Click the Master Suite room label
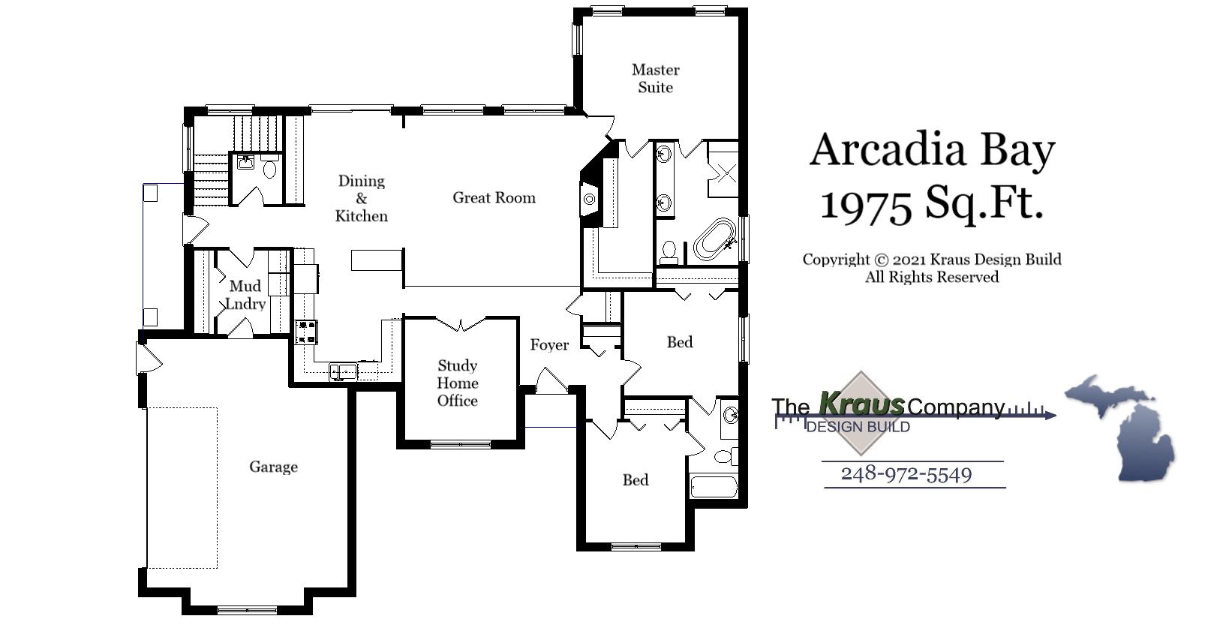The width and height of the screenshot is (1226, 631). [655, 79]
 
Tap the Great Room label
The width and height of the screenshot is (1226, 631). [494, 198]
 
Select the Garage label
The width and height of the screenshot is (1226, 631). [273, 467]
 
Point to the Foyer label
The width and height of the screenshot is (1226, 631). [549, 345]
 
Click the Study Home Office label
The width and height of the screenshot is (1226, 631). [457, 383]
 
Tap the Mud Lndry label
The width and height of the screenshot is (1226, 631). [245, 295]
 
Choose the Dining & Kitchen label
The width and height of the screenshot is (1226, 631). [361, 198]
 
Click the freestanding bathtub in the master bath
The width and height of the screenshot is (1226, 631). [714, 239]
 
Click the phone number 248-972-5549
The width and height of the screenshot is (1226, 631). [906, 474]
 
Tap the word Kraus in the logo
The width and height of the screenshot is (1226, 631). [861, 404]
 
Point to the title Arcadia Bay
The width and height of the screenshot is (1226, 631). [932, 149]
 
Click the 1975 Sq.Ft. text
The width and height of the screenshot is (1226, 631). [931, 203]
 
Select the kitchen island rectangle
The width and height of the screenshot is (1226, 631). [377, 260]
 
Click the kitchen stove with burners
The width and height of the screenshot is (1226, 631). [307, 332]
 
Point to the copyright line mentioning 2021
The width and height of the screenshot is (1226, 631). [931, 260]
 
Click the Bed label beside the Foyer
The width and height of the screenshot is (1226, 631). [680, 342]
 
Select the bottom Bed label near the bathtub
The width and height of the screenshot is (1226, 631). [636, 480]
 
